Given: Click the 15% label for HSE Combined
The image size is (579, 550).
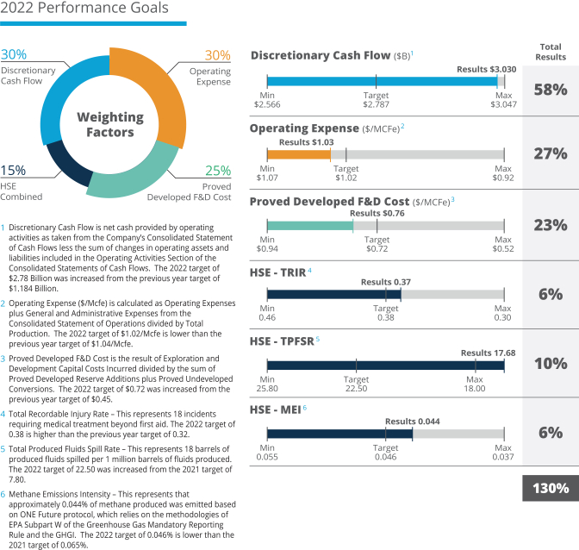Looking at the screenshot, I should pyautogui.click(x=13, y=171).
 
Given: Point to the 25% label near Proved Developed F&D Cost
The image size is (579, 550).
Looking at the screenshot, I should pyautogui.click(x=218, y=172).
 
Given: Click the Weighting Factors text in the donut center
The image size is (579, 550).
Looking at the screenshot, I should pyautogui.click(x=109, y=124).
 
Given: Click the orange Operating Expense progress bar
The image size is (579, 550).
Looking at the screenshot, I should pyautogui.click(x=298, y=154).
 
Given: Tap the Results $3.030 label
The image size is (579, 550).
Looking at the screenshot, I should pyautogui.click(x=486, y=68).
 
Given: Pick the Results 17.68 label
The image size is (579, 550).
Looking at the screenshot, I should pyautogui.click(x=488, y=353).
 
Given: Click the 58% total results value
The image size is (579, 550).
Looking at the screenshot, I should pyautogui.click(x=550, y=89).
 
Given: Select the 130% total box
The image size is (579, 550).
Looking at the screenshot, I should pyautogui.click(x=550, y=488).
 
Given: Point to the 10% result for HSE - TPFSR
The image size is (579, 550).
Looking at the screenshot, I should pyautogui.click(x=550, y=363).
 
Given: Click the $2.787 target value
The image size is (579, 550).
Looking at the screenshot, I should pyautogui.click(x=376, y=103).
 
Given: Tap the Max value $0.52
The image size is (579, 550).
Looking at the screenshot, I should pyautogui.click(x=503, y=248).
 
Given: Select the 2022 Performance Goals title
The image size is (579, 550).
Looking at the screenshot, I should pyautogui.click(x=84, y=9).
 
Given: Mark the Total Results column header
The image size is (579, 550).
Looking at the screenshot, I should pyautogui.click(x=551, y=52).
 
